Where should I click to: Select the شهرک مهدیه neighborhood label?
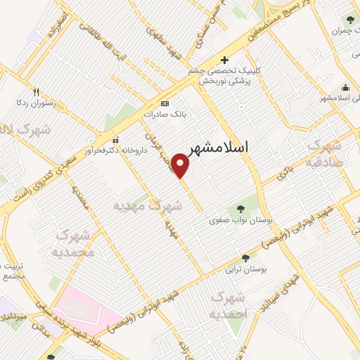click(148, 206)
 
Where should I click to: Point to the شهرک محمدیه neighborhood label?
click(73, 243)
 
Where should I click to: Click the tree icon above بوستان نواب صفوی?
click(241, 208)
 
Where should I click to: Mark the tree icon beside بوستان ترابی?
click(245, 258)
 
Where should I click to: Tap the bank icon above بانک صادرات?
click(165, 102)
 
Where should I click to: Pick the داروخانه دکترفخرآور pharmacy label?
click(113, 149)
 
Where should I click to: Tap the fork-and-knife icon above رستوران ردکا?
click(37, 91)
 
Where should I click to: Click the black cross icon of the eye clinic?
click(224, 60)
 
